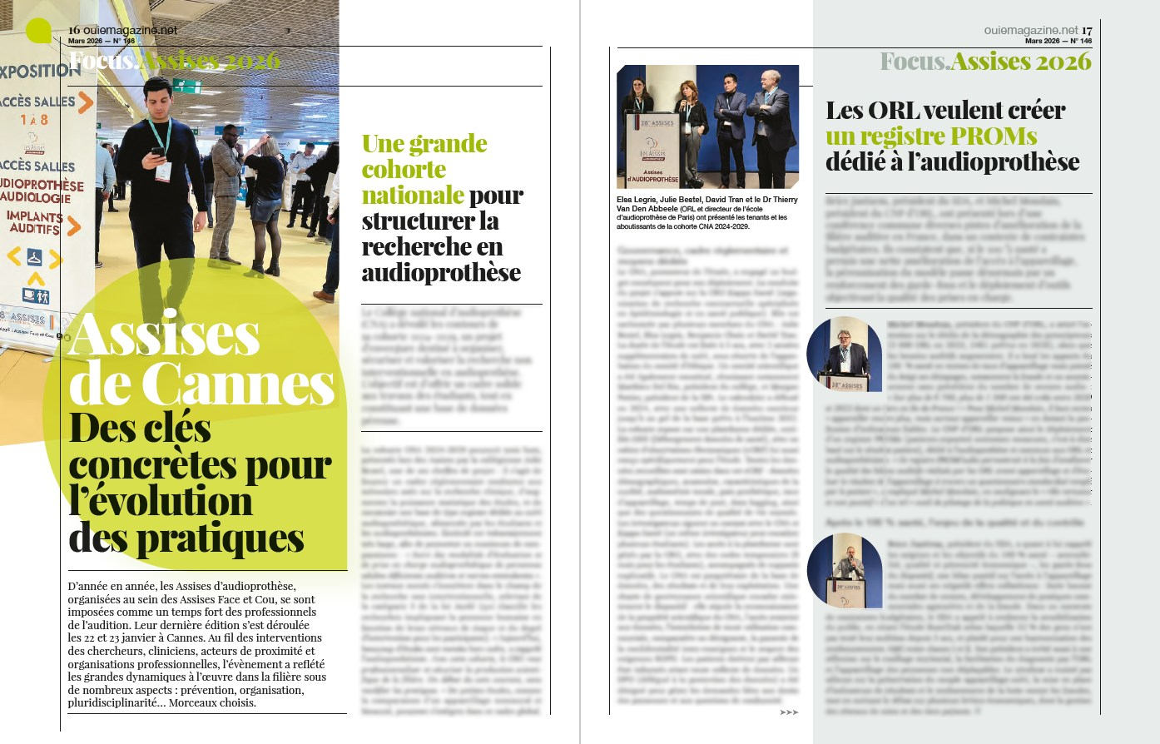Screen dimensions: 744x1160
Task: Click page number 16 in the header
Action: pyautogui.click(x=74, y=30)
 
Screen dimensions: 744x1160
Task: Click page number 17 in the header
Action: pyautogui.click(x=1087, y=30)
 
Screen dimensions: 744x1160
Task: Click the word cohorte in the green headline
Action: pyautogui.click(x=404, y=169)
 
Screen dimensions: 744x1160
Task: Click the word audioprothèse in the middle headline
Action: pyautogui.click(x=441, y=272)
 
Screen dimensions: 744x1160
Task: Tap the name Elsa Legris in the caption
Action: pyautogui.click(x=637, y=200)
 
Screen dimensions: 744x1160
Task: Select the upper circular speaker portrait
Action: pyautogui.click(x=844, y=355)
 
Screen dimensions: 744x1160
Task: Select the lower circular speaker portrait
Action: pyautogui.click(x=844, y=570)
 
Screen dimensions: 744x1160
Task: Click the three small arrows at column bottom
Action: pyautogui.click(x=788, y=712)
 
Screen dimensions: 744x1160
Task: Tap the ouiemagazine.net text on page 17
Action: pyautogui.click(x=1030, y=30)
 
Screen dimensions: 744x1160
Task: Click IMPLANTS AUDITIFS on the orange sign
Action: pyautogui.click(x=35, y=221)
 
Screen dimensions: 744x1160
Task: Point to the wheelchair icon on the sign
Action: pyautogui.click(x=35, y=256)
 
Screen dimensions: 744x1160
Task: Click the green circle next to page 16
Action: pyautogui.click(x=38, y=31)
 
